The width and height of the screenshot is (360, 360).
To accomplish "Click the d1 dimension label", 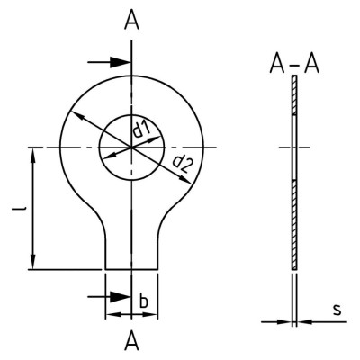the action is (141, 130).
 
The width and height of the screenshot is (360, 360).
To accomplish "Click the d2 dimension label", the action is (182, 166).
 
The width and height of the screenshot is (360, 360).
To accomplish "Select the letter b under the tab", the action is (144, 301).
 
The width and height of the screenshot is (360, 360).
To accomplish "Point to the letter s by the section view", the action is (337, 310).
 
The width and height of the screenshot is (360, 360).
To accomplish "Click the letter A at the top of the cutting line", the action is (132, 22).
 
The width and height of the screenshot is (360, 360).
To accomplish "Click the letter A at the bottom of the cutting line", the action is (132, 342).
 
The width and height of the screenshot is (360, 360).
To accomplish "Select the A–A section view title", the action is (294, 65).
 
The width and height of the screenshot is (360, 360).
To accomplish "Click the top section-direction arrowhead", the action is (120, 62).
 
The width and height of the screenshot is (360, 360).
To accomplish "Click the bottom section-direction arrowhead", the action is (120, 297).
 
